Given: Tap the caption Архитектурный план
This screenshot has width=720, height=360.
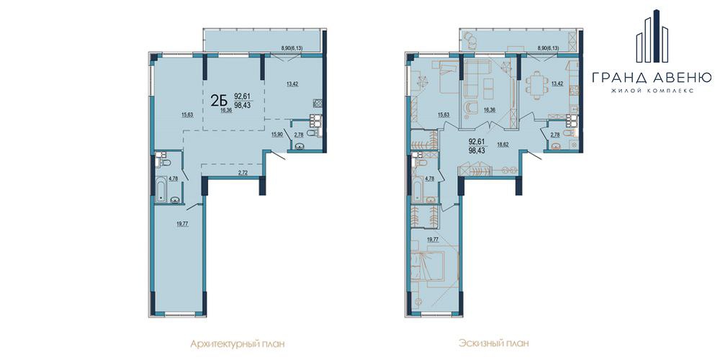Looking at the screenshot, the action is click(x=236, y=343).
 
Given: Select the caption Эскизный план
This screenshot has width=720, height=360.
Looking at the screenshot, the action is click(x=493, y=343).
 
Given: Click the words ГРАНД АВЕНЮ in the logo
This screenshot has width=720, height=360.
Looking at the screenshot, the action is click(x=652, y=77).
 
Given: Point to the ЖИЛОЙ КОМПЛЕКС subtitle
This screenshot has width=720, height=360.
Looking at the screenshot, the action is click(x=652, y=91).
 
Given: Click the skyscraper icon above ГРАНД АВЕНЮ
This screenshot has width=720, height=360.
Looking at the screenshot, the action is click(x=652, y=36).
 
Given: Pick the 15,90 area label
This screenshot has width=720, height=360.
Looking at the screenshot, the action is click(x=277, y=134).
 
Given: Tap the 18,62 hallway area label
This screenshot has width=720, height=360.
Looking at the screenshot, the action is click(x=502, y=143).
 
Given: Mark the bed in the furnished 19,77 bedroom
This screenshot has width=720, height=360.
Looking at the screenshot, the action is click(x=428, y=266).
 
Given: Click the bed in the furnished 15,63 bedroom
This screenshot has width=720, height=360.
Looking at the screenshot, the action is click(x=442, y=78).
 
